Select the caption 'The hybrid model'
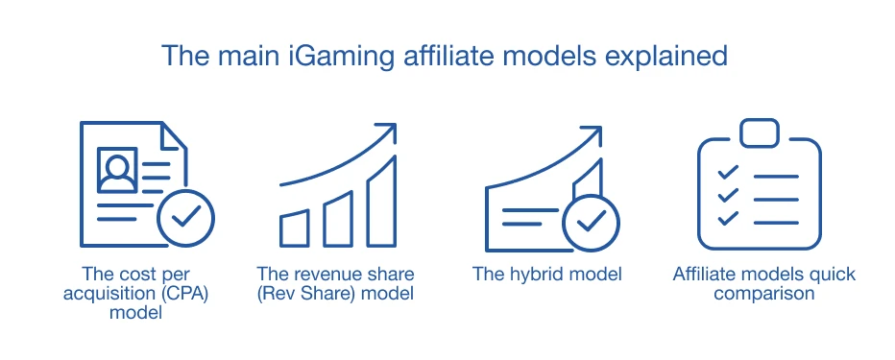546,274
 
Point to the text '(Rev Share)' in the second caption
305,294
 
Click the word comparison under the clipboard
763,294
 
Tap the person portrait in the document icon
117,170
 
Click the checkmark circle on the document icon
185,218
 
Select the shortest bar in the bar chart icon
295,228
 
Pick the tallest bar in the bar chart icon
381,202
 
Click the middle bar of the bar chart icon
338,219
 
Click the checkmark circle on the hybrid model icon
591,224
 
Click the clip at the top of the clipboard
760,132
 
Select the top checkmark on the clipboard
728,171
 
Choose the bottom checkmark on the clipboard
728,218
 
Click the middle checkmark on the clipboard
728,195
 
